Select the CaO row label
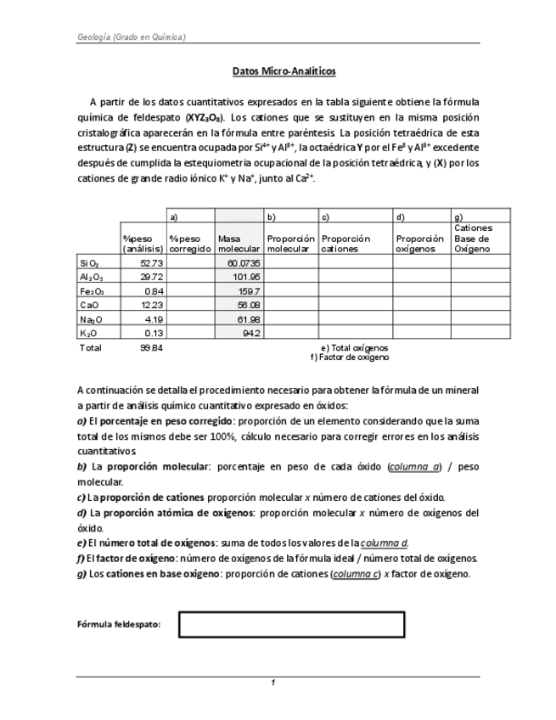point(89,305)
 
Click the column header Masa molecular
point(239,244)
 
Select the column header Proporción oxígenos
point(419,244)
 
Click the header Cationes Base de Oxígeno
point(474,239)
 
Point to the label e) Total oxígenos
point(354,347)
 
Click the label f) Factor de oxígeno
point(350,357)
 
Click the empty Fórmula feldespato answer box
point(291,625)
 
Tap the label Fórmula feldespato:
point(120,625)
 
